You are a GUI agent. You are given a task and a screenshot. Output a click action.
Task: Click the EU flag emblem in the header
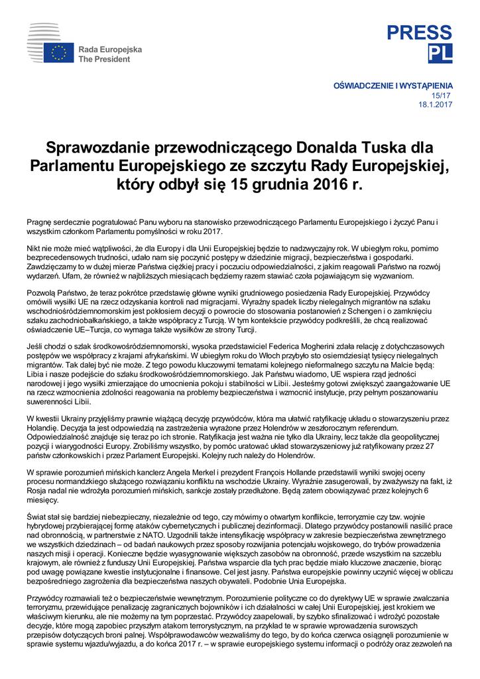(60, 53)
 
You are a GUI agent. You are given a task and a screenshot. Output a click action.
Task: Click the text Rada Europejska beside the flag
(110, 50)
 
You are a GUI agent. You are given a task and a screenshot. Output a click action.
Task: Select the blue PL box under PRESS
(441, 54)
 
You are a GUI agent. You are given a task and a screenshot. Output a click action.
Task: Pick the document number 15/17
(444, 95)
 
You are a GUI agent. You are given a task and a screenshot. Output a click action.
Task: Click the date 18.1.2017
(436, 105)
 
